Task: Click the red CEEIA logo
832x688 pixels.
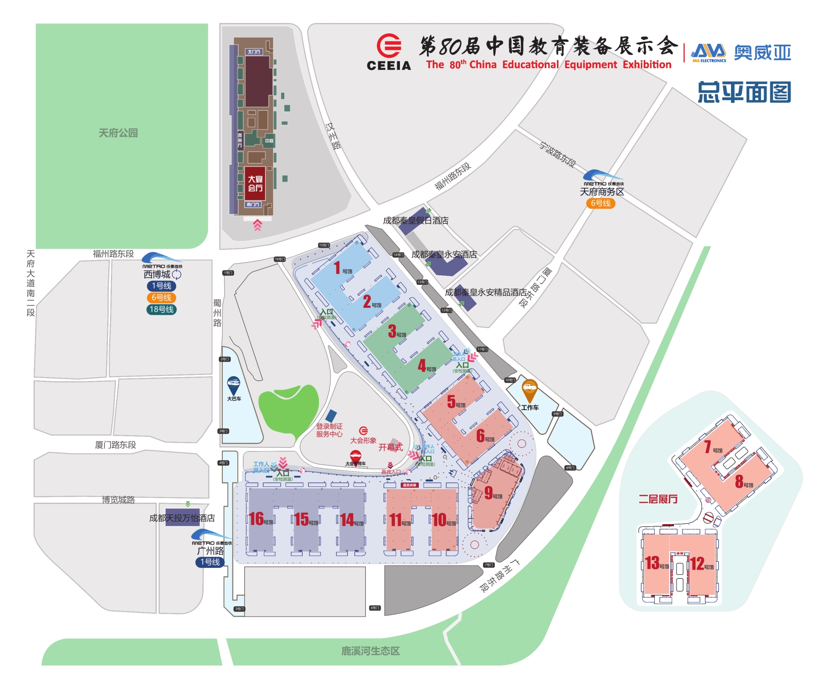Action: (x=389, y=46)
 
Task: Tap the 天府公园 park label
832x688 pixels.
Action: (x=118, y=133)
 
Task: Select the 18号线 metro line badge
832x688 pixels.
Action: (x=161, y=310)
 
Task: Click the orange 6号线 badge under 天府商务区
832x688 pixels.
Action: (x=601, y=203)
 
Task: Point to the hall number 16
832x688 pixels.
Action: (x=256, y=519)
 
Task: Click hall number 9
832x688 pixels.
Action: (x=488, y=493)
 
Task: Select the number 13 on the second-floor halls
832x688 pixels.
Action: (x=652, y=563)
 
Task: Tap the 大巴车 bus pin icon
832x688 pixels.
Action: (x=234, y=385)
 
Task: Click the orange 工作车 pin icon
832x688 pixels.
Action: (x=530, y=389)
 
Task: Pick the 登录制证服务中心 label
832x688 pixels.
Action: (x=329, y=430)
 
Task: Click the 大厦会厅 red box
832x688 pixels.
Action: (x=255, y=183)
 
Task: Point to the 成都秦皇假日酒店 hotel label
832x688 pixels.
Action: (x=416, y=221)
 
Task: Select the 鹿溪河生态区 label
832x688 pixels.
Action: (x=370, y=651)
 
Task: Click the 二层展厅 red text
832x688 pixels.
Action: (x=658, y=499)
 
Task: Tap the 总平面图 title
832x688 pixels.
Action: (x=744, y=92)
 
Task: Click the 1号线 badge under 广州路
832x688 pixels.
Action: (x=210, y=562)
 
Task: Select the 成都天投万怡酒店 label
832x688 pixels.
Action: (x=182, y=518)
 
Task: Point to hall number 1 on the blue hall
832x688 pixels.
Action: (x=337, y=268)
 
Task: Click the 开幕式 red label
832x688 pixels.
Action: (x=390, y=447)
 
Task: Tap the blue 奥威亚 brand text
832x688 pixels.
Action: (x=762, y=53)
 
